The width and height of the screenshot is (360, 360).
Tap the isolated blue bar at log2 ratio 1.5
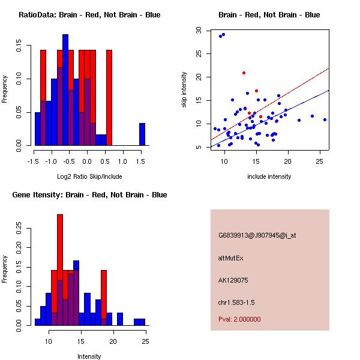pyautogui.click(x=142, y=134)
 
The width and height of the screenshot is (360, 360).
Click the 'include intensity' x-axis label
pyautogui.click(x=269, y=176)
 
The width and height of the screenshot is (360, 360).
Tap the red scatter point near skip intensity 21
pyautogui.click(x=244, y=73)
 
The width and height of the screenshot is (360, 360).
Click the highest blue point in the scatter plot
pyautogui.click(x=223, y=34)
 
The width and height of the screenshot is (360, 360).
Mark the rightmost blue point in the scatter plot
pyautogui.click(x=325, y=119)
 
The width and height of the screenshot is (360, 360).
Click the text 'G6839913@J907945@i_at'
pyautogui.click(x=257, y=235)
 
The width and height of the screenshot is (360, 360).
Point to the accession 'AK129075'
pyautogui.click(x=233, y=280)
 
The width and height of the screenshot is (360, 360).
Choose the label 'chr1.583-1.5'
pyautogui.click(x=236, y=302)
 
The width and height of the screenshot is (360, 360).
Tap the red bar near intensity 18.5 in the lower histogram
pyautogui.click(x=104, y=298)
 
